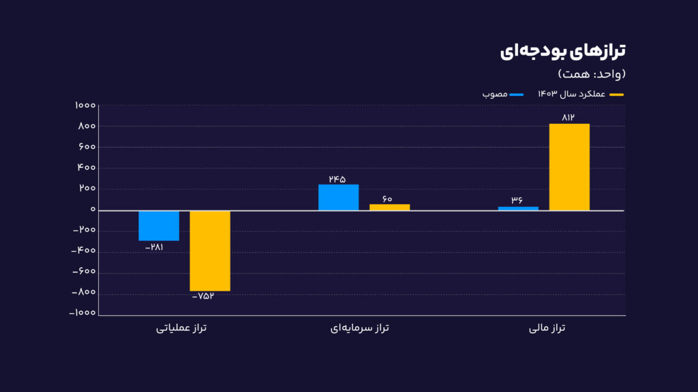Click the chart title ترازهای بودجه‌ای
click(x=562, y=51)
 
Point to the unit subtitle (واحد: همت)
click(x=591, y=73)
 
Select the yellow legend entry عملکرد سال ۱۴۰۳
click(x=580, y=94)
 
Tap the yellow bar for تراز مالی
click(x=569, y=167)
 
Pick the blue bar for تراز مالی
click(x=518, y=208)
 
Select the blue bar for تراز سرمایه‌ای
click(x=338, y=197)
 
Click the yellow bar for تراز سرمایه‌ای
click(x=389, y=207)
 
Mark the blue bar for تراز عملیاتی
click(x=159, y=225)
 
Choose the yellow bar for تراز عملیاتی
click(x=210, y=250)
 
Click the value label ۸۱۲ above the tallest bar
click(x=568, y=118)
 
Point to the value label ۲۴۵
click(x=337, y=179)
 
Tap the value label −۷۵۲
click(x=208, y=297)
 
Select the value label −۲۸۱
click(x=155, y=247)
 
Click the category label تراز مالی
click(x=548, y=329)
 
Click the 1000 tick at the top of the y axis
click(x=85, y=105)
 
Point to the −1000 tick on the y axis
click(x=83, y=314)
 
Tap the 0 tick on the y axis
click(x=92, y=210)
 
